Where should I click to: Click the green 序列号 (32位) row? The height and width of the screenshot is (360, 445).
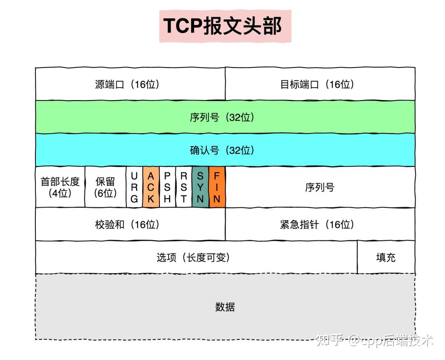(225, 117)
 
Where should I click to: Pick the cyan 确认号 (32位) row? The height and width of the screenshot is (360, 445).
(225, 150)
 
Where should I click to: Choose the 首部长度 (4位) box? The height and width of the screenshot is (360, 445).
(60, 187)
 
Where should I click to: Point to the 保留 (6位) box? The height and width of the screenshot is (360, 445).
(105, 187)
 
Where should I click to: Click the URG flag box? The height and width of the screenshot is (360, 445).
(134, 187)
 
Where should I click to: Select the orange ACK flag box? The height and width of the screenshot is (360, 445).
(151, 187)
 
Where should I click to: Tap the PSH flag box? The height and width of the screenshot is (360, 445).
(167, 187)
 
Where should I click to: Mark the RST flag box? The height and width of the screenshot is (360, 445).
(184, 187)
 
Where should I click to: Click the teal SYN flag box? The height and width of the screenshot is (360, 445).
(200, 187)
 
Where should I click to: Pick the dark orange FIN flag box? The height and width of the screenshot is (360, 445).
(217, 187)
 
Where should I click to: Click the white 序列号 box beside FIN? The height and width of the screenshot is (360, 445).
(320, 187)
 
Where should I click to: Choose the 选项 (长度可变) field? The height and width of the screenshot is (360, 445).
(196, 257)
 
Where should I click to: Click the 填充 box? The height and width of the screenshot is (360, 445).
(386, 257)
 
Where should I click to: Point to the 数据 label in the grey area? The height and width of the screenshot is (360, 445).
(225, 307)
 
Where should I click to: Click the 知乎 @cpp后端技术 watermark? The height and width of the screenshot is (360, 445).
(374, 340)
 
